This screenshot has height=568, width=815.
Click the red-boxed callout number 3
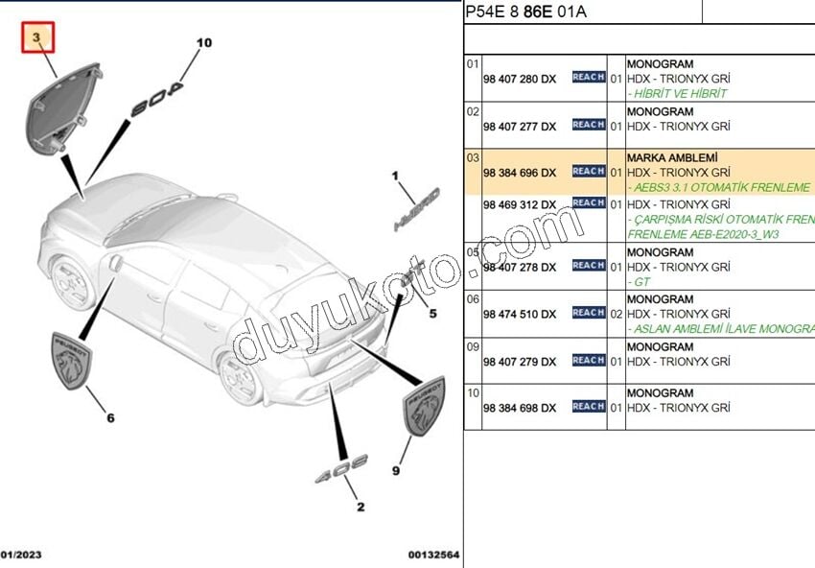(x=38, y=38)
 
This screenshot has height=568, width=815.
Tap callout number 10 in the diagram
(x=203, y=43)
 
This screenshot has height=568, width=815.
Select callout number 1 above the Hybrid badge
(x=393, y=177)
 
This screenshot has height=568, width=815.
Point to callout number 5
(x=432, y=313)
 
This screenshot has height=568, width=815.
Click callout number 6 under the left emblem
(x=110, y=417)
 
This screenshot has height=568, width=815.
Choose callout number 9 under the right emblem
(x=395, y=470)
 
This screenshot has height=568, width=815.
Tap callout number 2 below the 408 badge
(x=361, y=507)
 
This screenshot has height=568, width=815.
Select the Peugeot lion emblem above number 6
(x=73, y=361)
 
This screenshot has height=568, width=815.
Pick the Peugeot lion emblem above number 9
(x=423, y=407)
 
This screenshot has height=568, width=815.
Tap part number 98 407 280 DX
(x=519, y=78)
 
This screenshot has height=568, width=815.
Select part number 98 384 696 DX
(x=519, y=173)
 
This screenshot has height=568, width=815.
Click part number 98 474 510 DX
(x=519, y=314)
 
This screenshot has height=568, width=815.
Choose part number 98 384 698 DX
(x=519, y=408)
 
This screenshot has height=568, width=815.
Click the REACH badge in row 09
(x=588, y=361)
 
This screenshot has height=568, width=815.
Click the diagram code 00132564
(x=433, y=555)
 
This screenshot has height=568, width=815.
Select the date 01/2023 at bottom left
(x=21, y=555)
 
